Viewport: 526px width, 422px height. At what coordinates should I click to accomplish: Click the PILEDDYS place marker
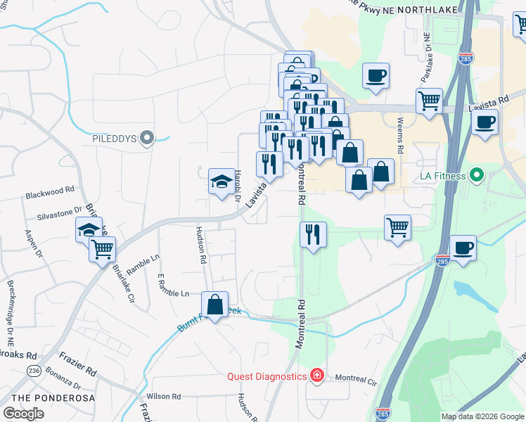147,139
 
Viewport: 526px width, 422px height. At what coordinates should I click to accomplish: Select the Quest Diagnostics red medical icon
317,376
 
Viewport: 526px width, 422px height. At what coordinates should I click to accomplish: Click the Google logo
23,414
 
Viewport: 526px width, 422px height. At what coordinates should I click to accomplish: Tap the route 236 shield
33,370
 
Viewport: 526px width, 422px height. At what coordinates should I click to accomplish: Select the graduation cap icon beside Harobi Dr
222,181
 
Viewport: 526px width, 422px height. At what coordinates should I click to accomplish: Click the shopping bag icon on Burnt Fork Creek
215,305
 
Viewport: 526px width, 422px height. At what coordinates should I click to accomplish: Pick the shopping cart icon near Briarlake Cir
103,248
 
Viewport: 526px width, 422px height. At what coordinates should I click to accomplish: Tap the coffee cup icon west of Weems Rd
376,75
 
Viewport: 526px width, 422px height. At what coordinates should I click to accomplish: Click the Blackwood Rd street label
50,191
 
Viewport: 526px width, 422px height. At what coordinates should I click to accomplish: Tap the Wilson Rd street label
164,397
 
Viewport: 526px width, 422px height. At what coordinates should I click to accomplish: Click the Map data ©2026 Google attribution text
482,416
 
